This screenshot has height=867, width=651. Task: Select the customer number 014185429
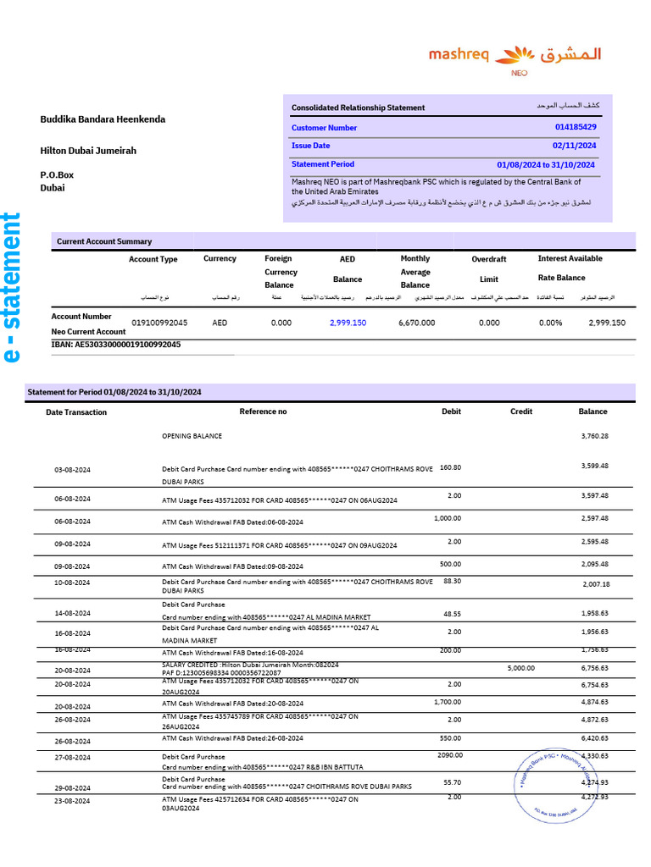(x=576, y=127)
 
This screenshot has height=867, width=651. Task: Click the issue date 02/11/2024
(x=575, y=146)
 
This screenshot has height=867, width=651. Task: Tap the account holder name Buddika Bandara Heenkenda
(x=103, y=119)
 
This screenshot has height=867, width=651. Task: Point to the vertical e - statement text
(x=11, y=288)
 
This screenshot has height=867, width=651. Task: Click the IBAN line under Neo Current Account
(x=116, y=345)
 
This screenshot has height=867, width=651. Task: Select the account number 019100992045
(x=159, y=323)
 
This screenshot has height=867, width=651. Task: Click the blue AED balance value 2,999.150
(x=348, y=323)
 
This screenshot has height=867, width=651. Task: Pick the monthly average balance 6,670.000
(x=416, y=323)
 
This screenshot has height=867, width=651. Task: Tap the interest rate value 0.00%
(x=550, y=323)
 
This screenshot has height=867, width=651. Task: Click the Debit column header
(x=452, y=411)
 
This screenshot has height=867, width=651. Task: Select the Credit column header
(x=521, y=411)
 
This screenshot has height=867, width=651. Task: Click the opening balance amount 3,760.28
(x=594, y=436)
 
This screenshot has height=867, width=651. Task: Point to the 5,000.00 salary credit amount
(x=520, y=668)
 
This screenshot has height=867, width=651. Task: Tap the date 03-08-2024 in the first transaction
(x=72, y=470)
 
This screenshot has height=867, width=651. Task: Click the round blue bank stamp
(x=555, y=784)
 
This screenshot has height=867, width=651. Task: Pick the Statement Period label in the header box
(x=323, y=164)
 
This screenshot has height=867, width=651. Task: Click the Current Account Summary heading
(x=104, y=241)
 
